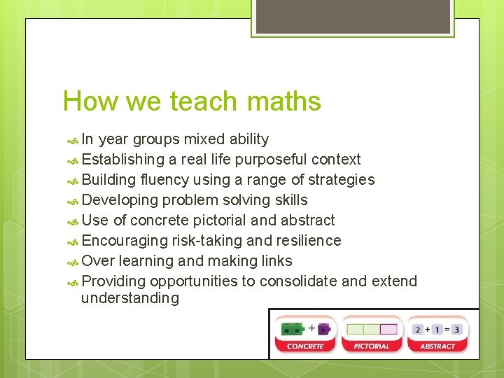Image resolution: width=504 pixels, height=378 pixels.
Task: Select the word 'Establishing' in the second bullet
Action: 124,160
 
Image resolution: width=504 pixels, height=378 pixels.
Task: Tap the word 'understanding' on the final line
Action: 130,298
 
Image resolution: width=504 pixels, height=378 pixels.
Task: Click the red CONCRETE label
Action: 305,346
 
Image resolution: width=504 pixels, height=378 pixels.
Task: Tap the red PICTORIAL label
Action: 372,346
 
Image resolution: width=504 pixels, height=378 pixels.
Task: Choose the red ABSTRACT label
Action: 437,346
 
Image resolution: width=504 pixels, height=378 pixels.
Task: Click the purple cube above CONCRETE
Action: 324,329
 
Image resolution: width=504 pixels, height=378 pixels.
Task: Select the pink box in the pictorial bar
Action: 388,329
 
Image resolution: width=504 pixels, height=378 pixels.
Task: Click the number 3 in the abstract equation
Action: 456,329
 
